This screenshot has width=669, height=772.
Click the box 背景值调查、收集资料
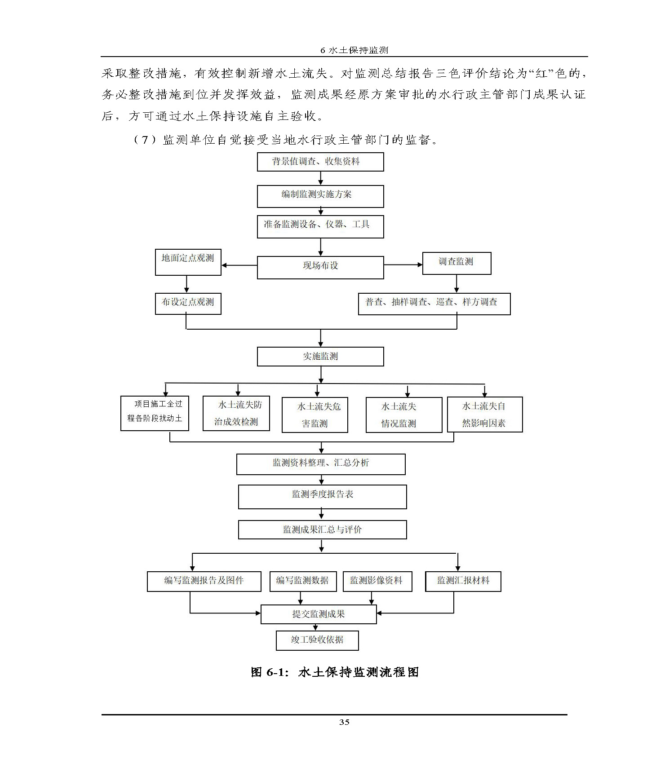point(320,162)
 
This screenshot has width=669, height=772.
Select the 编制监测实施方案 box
point(320,196)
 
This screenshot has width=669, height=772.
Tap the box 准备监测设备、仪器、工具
point(320,226)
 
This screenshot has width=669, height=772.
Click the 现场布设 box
point(320,267)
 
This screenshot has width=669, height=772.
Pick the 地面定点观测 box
point(188,262)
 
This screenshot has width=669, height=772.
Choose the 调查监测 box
point(456,263)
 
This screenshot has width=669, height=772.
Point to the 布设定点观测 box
point(188,303)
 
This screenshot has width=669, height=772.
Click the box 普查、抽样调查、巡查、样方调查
point(434,304)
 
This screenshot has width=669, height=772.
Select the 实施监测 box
point(320,357)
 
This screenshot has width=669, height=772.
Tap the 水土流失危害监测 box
point(315,415)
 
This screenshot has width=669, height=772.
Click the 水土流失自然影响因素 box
point(485,415)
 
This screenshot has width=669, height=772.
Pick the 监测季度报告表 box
point(322,497)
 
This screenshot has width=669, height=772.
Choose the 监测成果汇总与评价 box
point(322,529)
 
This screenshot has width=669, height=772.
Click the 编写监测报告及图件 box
point(204,581)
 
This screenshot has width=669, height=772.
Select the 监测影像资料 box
point(377,581)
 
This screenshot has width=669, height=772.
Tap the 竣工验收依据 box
point(317,640)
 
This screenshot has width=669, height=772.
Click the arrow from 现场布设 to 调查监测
point(403,265)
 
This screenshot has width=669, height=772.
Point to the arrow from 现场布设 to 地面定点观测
point(239,265)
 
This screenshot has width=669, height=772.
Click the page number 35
point(344,722)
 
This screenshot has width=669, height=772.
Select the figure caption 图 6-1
point(334,672)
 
